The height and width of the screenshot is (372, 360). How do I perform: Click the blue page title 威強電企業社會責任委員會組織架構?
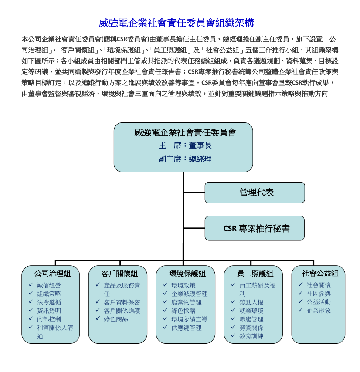pyautogui.click(x=177, y=23)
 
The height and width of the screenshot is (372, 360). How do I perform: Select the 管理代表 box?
pyautogui.click(x=255, y=193)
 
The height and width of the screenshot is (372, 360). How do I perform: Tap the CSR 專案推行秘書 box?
pyautogui.click(x=255, y=228)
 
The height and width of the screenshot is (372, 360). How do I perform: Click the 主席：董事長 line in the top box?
pyautogui.click(x=185, y=145)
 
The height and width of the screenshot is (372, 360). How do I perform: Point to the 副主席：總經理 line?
pyautogui.click(x=185, y=159)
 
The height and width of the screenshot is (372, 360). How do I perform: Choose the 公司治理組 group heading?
pyautogui.click(x=52, y=274)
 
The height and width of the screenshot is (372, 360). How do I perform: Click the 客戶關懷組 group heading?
pyautogui.click(x=119, y=274)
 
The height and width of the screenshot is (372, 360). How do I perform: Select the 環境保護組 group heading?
pyautogui.click(x=187, y=274)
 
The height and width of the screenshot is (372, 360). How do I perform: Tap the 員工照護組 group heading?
pyautogui.click(x=255, y=274)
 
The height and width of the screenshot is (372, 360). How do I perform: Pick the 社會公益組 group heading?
pyautogui.click(x=320, y=273)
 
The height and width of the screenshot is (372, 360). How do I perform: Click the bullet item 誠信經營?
pyautogui.click(x=49, y=285)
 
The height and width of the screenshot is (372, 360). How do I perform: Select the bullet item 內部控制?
pyautogui.click(x=49, y=319)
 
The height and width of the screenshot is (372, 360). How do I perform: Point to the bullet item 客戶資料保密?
pyautogui.click(x=122, y=302)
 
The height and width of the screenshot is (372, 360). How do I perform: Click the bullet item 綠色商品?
pyautogui.click(x=116, y=319)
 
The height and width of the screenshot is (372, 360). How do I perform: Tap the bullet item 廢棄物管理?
pyautogui.click(x=186, y=302)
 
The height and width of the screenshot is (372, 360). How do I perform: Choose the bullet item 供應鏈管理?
pyautogui.click(x=186, y=328)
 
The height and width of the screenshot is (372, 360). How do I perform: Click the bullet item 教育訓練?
pyautogui.click(x=251, y=336)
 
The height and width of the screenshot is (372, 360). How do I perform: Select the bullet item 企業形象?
pyautogui.click(x=319, y=310)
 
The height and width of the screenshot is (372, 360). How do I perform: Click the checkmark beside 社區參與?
pyautogui.click(x=300, y=293)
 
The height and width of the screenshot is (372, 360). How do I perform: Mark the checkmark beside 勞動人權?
pyautogui.click(x=233, y=301)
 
